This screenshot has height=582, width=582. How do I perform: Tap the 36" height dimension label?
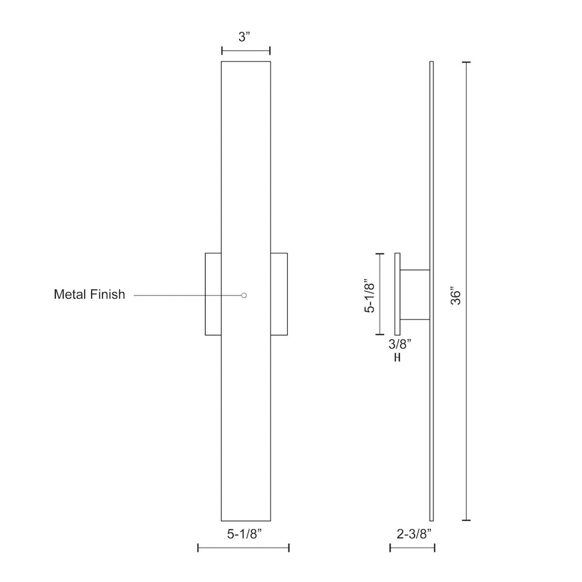click(x=455, y=297)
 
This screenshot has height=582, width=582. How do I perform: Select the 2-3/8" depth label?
click(x=414, y=534)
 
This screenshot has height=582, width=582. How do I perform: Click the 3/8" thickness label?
click(x=400, y=344)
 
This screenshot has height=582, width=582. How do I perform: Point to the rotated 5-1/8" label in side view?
click(x=370, y=295)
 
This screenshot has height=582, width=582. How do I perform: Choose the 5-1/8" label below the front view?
click(x=244, y=534)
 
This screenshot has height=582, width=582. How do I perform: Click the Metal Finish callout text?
click(x=89, y=294)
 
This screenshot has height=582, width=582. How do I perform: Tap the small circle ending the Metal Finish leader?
click(x=244, y=295)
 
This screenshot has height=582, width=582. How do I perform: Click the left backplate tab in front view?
click(x=213, y=294)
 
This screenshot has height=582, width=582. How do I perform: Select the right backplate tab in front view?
click(x=279, y=294)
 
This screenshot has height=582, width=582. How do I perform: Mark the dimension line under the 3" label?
click(x=246, y=51)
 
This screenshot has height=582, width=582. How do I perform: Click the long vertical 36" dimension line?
click(x=467, y=291)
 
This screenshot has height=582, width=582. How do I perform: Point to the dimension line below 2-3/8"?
click(x=412, y=548)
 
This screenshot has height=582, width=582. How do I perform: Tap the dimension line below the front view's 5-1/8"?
click(x=243, y=548)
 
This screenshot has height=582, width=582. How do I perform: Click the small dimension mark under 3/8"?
click(x=397, y=358)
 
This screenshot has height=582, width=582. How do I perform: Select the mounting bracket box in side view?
click(x=415, y=295)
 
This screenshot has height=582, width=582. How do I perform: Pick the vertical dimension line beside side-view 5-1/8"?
click(x=380, y=294)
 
